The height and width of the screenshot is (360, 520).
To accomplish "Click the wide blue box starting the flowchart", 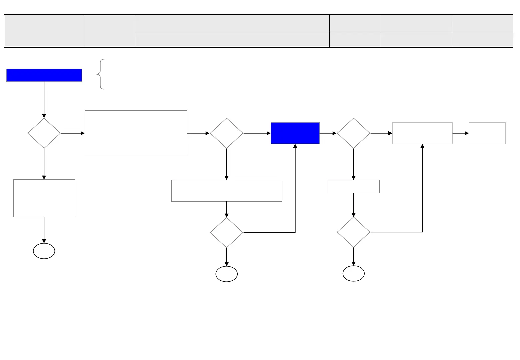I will tap(44, 75).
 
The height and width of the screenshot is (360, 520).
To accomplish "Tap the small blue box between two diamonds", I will tap(295, 133).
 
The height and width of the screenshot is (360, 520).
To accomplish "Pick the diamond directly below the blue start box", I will tap(44, 133).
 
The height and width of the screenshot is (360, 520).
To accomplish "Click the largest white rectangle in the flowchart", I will tap(136, 133).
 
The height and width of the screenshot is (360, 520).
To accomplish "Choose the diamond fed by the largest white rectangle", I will tap(226, 133).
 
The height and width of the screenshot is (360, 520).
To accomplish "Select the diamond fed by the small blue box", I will tap(353, 133).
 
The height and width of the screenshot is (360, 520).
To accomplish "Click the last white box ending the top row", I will tap(487, 133).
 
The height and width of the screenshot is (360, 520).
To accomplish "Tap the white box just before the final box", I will tap(422, 133).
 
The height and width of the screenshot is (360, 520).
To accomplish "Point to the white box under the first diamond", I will tap(44, 198).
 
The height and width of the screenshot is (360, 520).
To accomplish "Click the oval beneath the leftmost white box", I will tap(44, 251).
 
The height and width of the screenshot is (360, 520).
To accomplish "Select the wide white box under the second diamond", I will tap(226, 191).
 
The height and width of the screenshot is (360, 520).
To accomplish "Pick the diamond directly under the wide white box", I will tap(226, 232).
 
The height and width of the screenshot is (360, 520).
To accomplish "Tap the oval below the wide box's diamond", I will tap(226, 274).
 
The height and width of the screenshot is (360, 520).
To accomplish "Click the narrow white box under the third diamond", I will tap(353, 186).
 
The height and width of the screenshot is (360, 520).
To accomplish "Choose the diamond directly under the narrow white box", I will tap(353, 232).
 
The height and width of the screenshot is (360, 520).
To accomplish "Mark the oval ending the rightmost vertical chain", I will tap(353, 274).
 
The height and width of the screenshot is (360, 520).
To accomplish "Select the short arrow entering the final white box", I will tap(461, 133).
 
